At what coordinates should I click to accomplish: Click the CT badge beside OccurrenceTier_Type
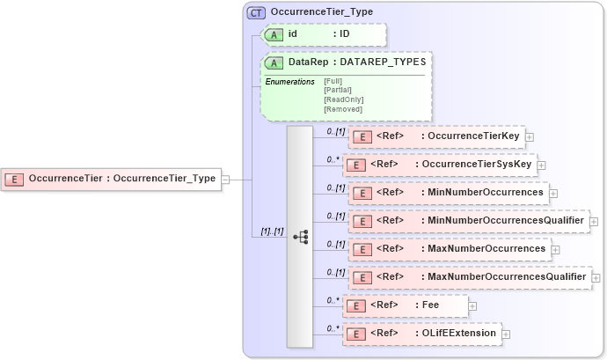tap(257, 12)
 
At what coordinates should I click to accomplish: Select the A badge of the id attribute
tap(274, 34)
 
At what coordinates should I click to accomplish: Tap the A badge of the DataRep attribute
tap(274, 63)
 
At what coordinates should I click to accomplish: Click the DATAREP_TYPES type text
tap(384, 63)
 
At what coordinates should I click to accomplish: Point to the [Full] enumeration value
tap(333, 81)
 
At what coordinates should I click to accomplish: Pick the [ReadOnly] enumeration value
tap(343, 99)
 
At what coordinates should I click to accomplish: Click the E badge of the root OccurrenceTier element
tap(15, 179)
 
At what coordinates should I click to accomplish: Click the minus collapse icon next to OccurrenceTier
tap(226, 179)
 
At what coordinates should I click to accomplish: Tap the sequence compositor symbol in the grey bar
tap(300, 236)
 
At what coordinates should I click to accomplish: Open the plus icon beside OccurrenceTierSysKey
tap(542, 165)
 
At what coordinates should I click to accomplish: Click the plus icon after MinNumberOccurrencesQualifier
tap(594, 222)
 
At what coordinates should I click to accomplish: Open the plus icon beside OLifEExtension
tap(507, 334)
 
